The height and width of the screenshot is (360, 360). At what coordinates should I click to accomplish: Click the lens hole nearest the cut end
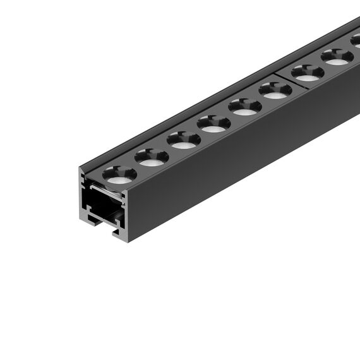point(119,174)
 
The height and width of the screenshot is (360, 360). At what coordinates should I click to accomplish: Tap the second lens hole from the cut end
point(152,157)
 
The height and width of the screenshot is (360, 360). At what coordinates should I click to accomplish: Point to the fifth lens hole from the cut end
point(245,107)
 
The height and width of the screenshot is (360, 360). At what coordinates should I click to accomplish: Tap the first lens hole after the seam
point(308,73)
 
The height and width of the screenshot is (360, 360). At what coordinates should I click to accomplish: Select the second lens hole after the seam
point(337,57)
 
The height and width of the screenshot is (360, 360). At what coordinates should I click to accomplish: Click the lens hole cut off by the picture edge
point(356,41)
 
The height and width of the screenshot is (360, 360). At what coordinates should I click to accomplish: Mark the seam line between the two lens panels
point(291,80)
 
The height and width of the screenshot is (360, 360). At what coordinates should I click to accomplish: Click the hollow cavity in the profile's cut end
point(102,205)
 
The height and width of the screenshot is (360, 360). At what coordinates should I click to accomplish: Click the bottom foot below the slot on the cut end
point(117,234)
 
